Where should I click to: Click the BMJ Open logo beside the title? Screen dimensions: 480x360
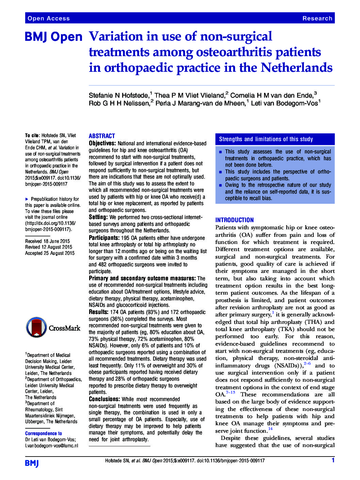(x=53, y=37)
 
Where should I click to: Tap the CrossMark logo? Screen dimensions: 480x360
(x=53, y=328)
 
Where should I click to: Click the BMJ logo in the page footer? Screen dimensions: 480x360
(x=32, y=463)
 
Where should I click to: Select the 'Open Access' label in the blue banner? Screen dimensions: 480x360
(x=49, y=18)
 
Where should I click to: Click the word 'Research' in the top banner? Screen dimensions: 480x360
(x=317, y=18)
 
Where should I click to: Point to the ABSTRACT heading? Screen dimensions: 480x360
(x=102, y=136)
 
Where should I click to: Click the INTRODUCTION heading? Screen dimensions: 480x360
(x=234, y=220)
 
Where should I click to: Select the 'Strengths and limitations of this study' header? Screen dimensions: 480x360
(x=266, y=139)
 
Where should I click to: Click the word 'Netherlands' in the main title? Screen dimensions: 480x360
(x=296, y=68)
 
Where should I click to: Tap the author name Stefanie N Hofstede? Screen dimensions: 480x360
(x=119, y=95)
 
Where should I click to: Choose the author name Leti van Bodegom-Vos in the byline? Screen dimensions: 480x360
(x=284, y=103)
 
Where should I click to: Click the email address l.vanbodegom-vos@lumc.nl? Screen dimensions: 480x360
(x=51, y=445)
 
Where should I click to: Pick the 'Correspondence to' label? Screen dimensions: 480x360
(x=44, y=433)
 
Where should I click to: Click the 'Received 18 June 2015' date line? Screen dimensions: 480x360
(x=47, y=241)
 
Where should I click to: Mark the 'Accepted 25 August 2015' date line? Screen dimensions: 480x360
(x=50, y=253)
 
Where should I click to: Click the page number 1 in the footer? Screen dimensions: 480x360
(x=333, y=460)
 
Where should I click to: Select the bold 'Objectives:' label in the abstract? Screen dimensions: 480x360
(x=102, y=144)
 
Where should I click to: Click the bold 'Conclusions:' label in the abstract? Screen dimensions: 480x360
(x=104, y=399)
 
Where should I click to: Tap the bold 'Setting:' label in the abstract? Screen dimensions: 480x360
(x=98, y=217)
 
